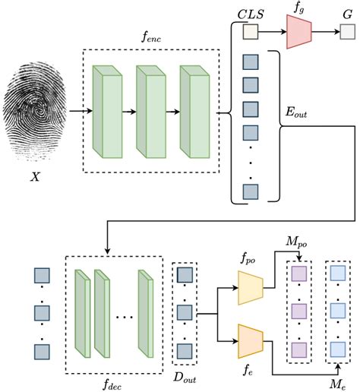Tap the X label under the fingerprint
tap(34, 175)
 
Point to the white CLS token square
tap(250, 33)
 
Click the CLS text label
tap(250, 11)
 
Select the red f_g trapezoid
tap(299, 33)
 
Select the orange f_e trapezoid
tap(250, 340)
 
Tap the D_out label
tap(185, 377)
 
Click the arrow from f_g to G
tap(326, 33)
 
